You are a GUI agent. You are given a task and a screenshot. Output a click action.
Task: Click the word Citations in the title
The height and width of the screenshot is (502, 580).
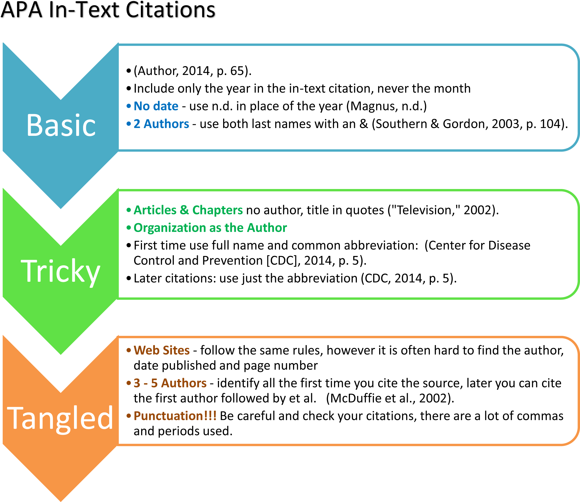coord(171,10)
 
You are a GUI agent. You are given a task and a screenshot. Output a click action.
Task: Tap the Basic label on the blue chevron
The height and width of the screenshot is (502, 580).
coord(61,125)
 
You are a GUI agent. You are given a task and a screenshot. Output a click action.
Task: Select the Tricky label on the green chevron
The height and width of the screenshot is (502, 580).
coord(61,271)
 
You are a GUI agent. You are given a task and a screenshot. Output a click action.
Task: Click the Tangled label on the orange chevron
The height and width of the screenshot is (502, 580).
coord(60,419)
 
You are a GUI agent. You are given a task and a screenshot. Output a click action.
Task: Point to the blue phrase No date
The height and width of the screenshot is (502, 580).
coord(156,106)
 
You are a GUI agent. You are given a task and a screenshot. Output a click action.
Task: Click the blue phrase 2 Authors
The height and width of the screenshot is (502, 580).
coord(161,124)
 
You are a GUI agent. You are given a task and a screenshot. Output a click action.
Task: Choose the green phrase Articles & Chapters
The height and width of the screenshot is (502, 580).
coord(188,210)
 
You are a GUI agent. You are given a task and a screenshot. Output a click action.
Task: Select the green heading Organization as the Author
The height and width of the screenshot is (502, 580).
coord(210,228)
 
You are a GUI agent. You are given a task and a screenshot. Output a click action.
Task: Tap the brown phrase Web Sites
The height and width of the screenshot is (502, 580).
coord(162,350)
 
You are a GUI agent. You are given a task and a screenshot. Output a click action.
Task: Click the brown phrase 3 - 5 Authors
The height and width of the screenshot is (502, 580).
coord(170,383)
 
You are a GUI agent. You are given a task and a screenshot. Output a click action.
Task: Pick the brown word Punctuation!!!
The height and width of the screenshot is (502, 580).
coord(175,416)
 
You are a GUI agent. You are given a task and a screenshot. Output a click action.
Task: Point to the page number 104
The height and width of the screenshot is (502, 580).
coord(550,124)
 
